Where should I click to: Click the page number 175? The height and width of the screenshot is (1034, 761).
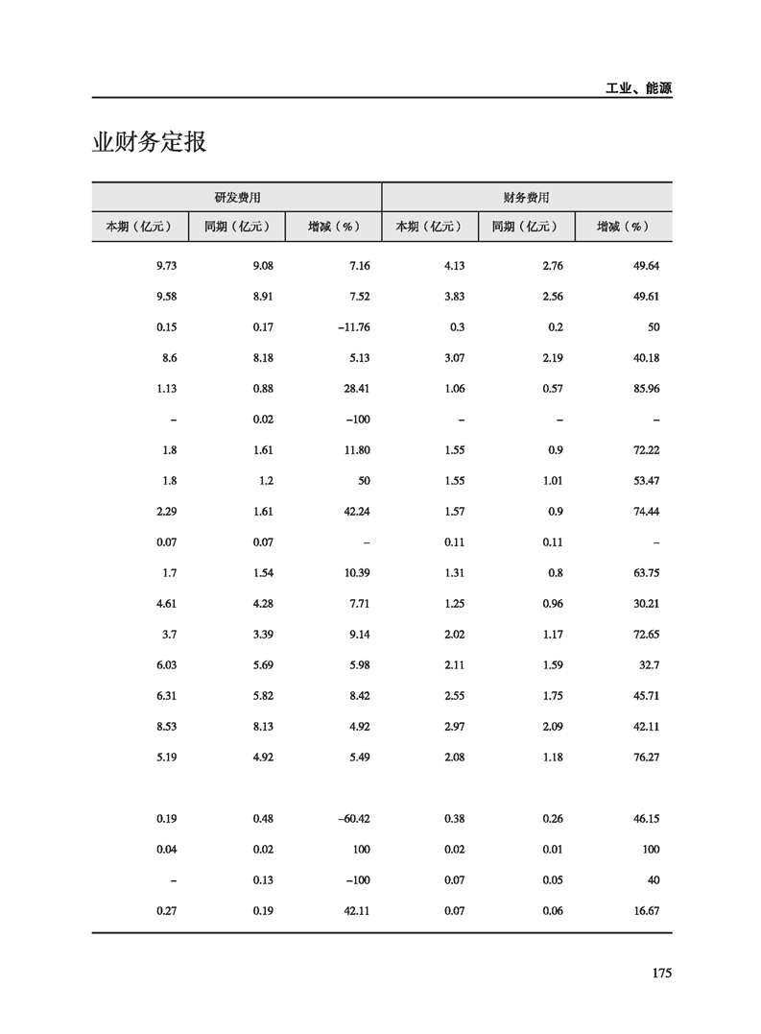pyautogui.click(x=660, y=974)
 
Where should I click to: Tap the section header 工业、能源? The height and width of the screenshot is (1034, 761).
pyautogui.click(x=638, y=87)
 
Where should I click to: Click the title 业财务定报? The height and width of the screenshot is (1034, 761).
pyautogui.click(x=149, y=143)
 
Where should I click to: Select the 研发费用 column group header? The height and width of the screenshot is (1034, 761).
pyautogui.click(x=237, y=197)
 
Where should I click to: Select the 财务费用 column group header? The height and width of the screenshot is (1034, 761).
pyautogui.click(x=527, y=197)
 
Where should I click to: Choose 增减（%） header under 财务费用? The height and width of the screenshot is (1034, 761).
pyautogui.click(x=623, y=227)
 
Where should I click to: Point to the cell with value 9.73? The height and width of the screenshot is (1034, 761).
pyautogui.click(x=166, y=266)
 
